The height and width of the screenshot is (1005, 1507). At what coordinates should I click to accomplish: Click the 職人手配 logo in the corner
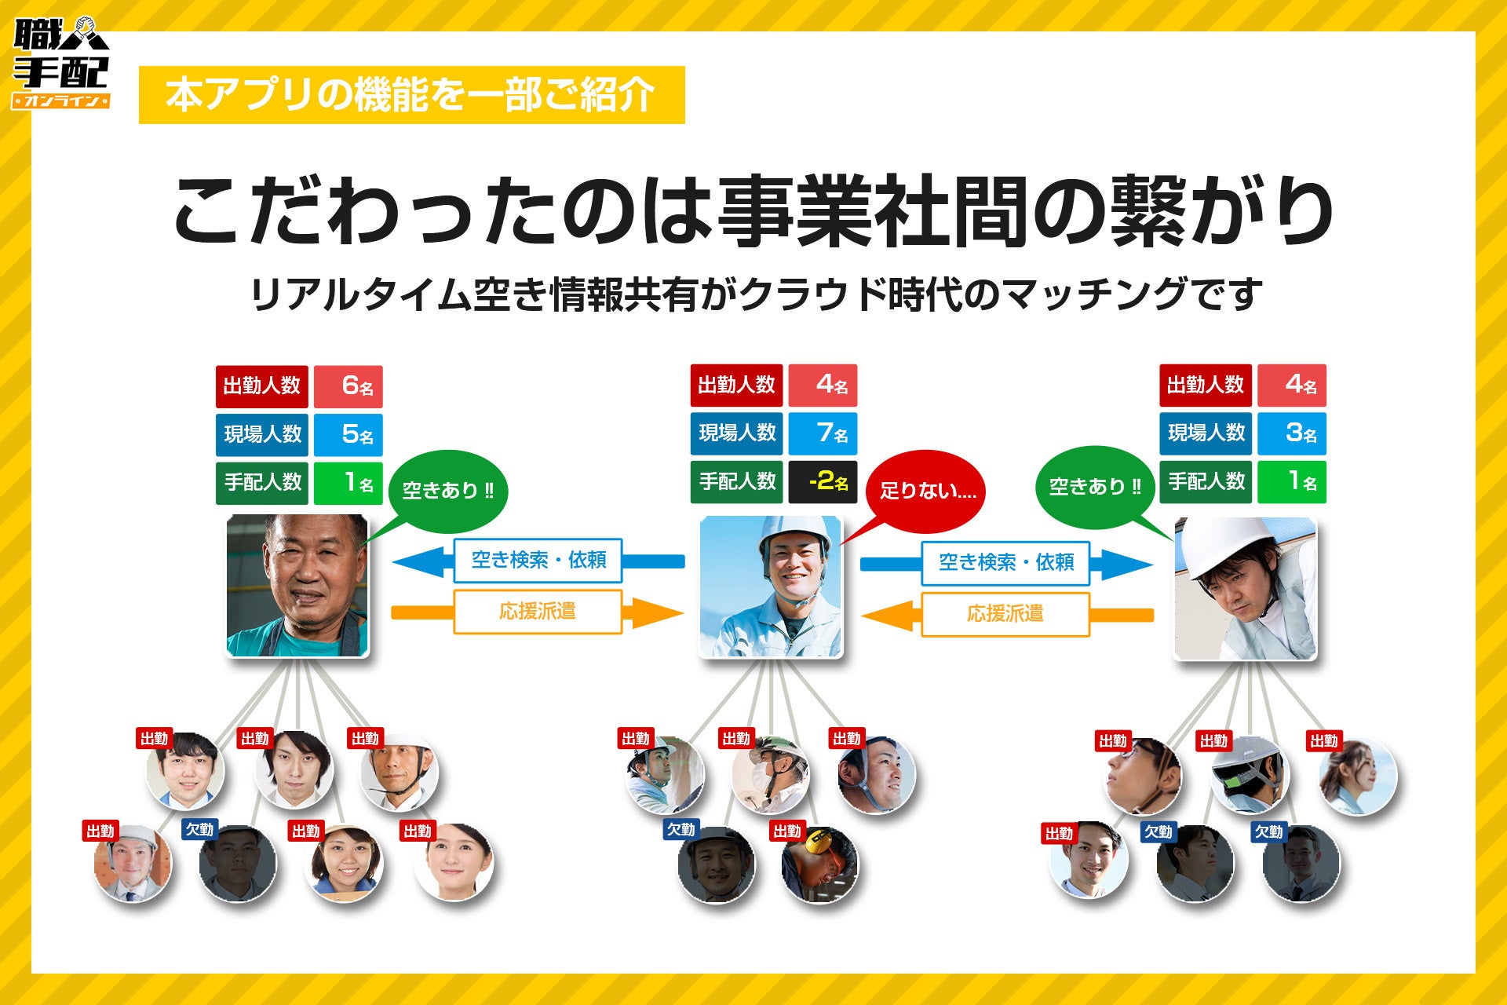coord(60,63)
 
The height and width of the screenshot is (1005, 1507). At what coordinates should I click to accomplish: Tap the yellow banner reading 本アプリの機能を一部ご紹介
coord(411,95)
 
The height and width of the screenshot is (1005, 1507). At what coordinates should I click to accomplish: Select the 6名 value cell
coord(348,386)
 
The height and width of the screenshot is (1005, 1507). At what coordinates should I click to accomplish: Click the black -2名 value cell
coord(823,481)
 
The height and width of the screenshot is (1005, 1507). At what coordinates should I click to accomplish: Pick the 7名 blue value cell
coord(823,433)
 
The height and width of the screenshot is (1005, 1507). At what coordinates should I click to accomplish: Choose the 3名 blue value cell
coord(1292,433)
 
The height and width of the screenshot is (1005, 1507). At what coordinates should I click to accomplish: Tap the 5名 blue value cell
coord(348,434)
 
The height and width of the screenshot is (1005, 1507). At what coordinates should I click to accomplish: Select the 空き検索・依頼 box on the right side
coord(1005,563)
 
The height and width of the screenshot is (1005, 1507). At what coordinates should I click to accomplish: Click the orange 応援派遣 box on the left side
coord(538,612)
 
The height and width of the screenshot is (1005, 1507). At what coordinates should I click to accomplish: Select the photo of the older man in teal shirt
coord(297,585)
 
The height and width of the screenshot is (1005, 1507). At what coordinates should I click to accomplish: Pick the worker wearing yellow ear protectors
coord(820,864)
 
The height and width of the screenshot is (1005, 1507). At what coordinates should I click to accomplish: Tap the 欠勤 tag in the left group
coord(199,830)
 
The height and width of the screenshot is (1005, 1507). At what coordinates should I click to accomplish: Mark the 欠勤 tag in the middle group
coord(681,830)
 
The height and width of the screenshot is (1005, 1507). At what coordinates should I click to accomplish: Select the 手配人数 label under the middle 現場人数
coord(736,481)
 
